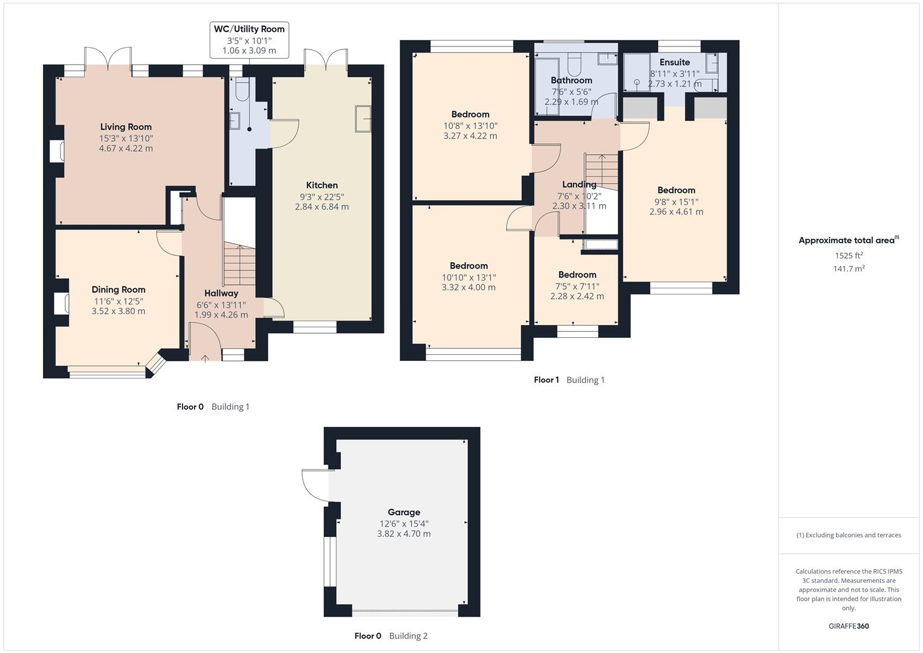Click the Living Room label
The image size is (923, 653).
click(x=126, y=127)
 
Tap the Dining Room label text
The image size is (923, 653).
click(x=118, y=290)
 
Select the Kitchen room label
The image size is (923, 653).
click(x=322, y=185)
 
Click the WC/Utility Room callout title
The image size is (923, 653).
click(x=248, y=29)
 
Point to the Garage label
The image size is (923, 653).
click(x=404, y=512)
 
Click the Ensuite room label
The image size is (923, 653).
click(x=675, y=62)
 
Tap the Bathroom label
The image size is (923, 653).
click(x=571, y=80)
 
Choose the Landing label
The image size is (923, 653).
click(x=579, y=184)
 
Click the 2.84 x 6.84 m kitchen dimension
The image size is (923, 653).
click(x=322, y=207)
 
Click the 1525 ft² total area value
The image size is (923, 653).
click(x=849, y=255)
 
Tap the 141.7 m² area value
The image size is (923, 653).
click(x=849, y=269)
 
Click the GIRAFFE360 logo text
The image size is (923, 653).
click(x=849, y=626)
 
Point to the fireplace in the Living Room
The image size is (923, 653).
click(x=57, y=151)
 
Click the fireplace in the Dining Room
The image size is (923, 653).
click(x=61, y=304)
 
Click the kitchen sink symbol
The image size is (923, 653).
click(x=363, y=118)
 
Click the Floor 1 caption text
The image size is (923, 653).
click(x=546, y=380)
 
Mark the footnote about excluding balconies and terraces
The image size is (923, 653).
click(x=849, y=535)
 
